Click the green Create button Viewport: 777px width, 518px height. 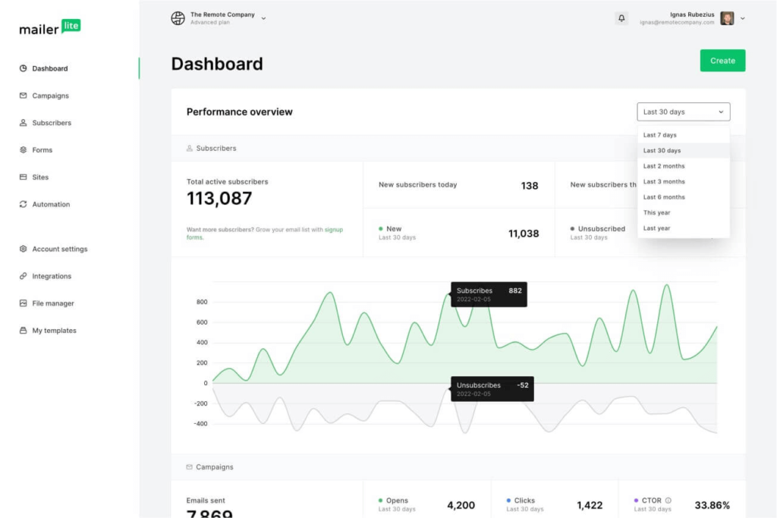[x=722, y=61]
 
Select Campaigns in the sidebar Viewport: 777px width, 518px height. [x=50, y=96]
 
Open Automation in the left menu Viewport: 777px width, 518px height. [x=51, y=204]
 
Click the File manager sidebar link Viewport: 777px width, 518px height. [x=53, y=303]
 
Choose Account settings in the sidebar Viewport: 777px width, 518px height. [x=59, y=249]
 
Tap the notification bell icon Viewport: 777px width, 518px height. [x=622, y=18]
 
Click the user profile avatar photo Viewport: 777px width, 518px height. [x=727, y=18]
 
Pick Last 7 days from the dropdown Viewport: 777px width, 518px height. [x=659, y=135]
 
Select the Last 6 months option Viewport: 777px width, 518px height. [x=664, y=197]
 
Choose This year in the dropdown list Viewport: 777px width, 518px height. [x=657, y=212]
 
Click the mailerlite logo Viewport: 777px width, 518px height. [x=49, y=28]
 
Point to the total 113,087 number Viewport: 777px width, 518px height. [x=219, y=199]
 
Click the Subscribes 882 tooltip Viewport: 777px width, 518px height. [x=489, y=294]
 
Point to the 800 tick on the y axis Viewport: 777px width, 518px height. [x=201, y=302]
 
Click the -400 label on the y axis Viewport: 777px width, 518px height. [x=200, y=424]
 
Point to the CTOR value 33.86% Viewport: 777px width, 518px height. [x=712, y=505]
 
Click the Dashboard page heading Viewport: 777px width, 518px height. [x=217, y=64]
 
